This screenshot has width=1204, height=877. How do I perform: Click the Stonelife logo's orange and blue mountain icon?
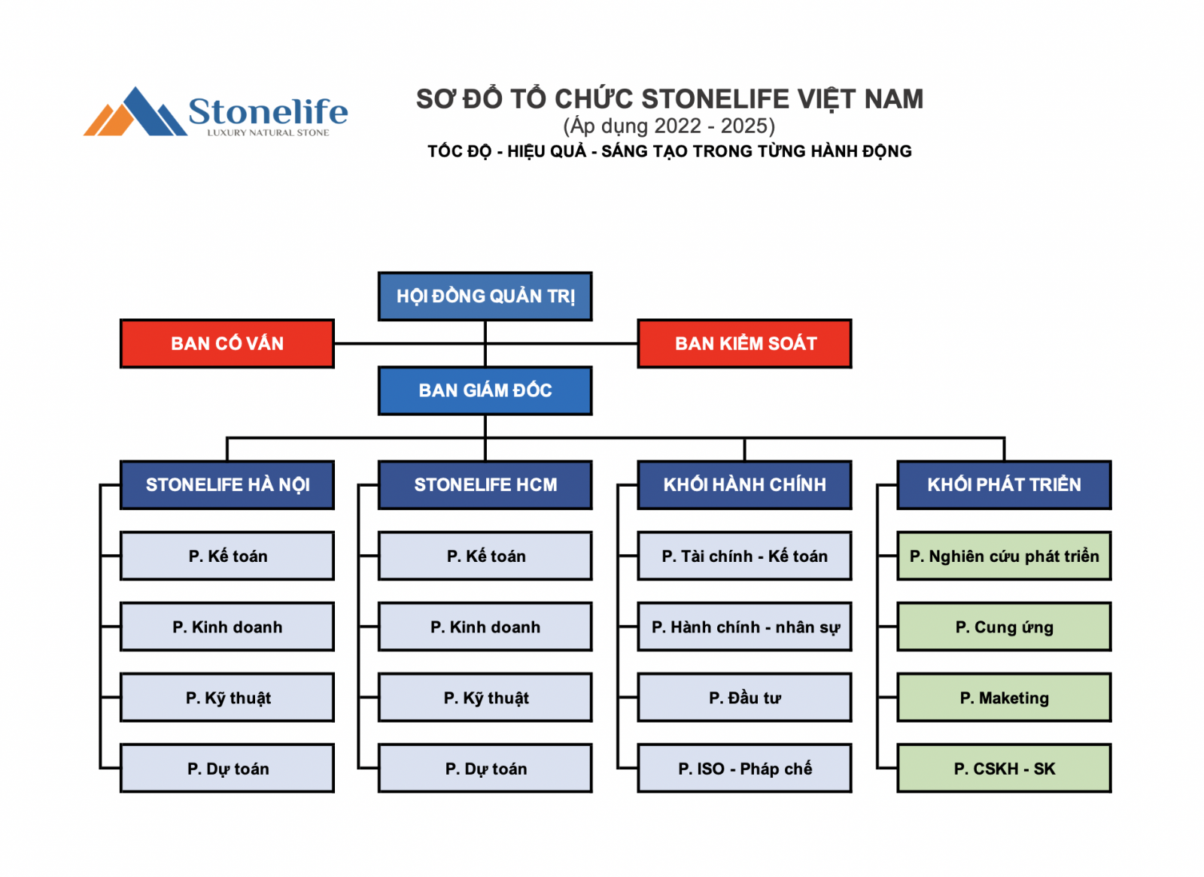coord(135,112)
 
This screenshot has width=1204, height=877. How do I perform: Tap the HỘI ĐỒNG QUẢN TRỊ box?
coord(485,296)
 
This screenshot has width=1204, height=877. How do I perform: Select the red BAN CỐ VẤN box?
coord(227,344)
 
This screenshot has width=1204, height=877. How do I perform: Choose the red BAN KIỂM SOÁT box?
coord(745,344)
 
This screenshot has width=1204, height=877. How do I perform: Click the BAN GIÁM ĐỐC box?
coord(485,390)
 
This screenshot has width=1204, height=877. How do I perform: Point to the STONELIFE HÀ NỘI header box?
coord(227,484)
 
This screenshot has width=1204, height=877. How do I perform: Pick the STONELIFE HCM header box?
coord(485,484)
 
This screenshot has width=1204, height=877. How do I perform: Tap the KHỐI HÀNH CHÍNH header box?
coord(745,484)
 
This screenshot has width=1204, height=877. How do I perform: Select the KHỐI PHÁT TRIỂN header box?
coord(1005,484)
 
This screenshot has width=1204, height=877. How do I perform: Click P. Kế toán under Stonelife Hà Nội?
coord(227,556)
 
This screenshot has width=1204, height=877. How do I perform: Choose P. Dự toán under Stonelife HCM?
coord(485,769)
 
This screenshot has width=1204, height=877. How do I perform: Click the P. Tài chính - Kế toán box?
coord(745,556)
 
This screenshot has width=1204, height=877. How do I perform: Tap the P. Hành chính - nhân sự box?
coord(745,627)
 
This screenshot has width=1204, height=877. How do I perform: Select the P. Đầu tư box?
coord(745,697)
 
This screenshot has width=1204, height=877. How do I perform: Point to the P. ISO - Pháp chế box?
coord(745,769)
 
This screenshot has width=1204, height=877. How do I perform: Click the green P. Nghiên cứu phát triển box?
coord(1005,556)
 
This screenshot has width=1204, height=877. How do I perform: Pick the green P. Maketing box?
coord(1005,697)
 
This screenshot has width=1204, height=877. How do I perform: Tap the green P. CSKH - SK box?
coord(1005,769)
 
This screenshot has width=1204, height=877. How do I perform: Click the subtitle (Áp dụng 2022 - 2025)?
coord(669,126)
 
